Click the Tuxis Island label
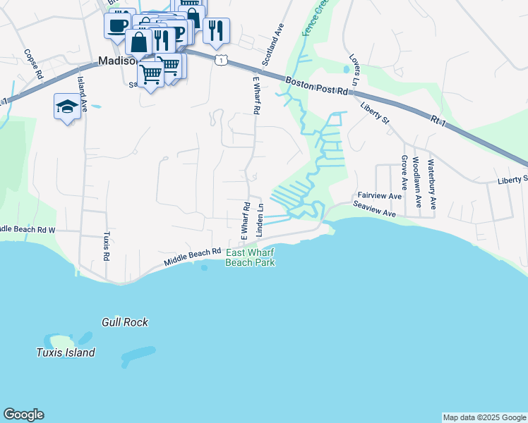point(66,352)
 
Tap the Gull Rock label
point(125,322)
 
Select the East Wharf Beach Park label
point(249,257)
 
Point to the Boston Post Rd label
point(317,86)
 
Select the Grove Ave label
point(404,173)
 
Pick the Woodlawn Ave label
point(417,182)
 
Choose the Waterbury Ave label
point(431,183)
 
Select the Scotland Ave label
point(272,44)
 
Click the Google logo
point(23,415)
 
